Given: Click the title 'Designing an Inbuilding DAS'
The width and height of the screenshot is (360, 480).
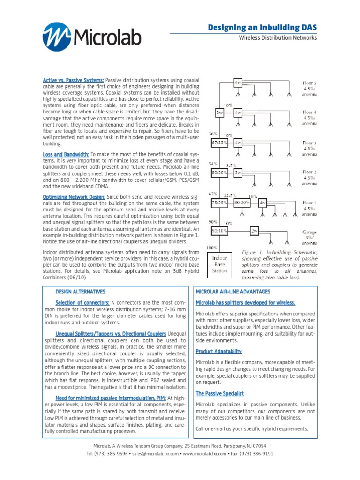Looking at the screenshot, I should [x=262, y=29].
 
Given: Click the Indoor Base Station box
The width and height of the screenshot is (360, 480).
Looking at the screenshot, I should [x=219, y=264].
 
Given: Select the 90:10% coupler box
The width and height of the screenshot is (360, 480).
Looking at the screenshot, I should [x=219, y=231].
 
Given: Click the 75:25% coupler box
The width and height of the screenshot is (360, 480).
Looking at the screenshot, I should [x=219, y=202].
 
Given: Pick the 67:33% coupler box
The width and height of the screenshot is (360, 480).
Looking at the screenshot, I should [x=219, y=142].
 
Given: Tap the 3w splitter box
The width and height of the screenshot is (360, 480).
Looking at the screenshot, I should [x=238, y=172].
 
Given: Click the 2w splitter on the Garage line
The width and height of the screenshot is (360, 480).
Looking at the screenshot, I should [x=255, y=231].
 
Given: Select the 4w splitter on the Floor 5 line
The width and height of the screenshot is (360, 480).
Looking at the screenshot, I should [x=238, y=82].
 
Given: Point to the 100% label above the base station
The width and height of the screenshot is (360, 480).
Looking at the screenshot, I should [x=212, y=247].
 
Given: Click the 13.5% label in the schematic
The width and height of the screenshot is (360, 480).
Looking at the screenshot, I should [x=230, y=165].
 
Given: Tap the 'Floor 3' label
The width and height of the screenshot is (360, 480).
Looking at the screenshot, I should [x=309, y=142].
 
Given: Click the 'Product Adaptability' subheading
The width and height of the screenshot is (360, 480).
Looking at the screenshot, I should [x=218, y=351].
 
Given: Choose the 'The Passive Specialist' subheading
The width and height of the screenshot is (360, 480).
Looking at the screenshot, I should [x=220, y=394].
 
